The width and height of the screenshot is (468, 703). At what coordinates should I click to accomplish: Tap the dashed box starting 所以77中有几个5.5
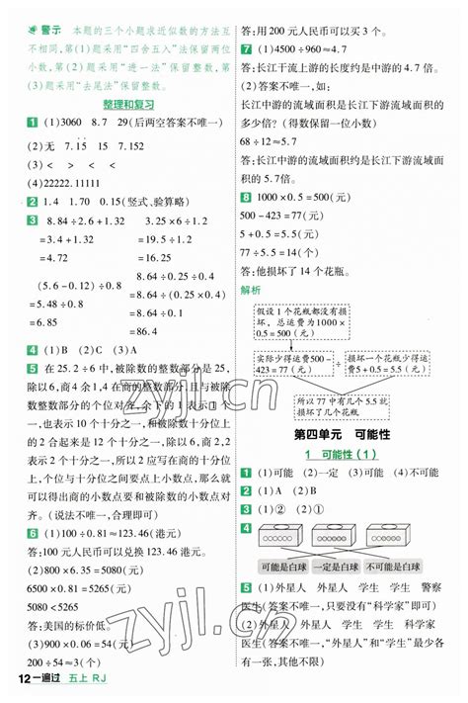(343, 404)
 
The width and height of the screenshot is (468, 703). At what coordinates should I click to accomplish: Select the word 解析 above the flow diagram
(251, 290)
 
